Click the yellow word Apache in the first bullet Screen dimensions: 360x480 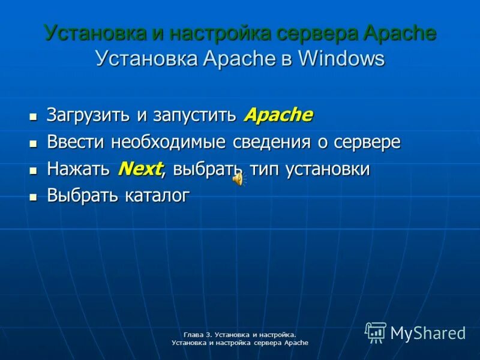(278, 115)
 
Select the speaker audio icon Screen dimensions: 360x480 (238, 179)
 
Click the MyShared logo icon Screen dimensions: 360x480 (376, 332)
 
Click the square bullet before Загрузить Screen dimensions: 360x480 (33, 116)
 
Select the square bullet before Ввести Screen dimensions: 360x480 (33, 143)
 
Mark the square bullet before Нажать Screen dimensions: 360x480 (33, 170)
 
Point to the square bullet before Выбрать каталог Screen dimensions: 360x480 (33, 196)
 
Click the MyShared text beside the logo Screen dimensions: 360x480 (428, 333)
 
